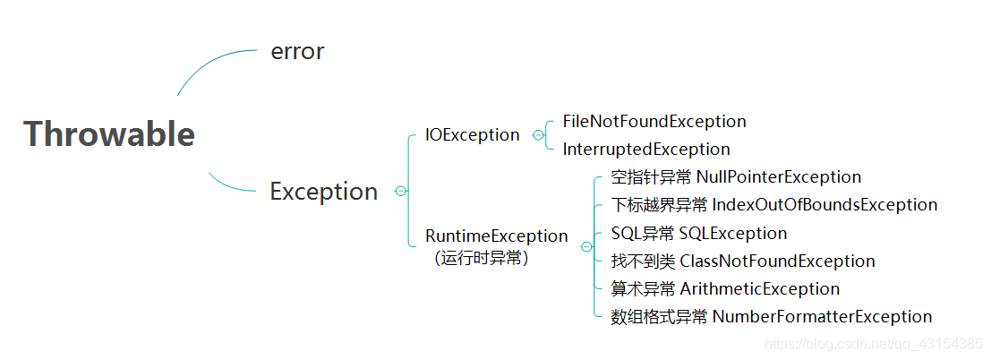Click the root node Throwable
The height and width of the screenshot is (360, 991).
click(x=109, y=134)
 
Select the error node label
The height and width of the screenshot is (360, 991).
click(x=297, y=52)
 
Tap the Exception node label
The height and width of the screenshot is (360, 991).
click(x=323, y=192)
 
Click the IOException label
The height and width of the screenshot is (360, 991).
click(x=472, y=135)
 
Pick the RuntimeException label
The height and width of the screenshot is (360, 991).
click(x=496, y=236)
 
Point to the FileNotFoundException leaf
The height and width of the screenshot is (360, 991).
click(x=654, y=121)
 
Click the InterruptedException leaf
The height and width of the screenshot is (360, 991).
click(x=645, y=149)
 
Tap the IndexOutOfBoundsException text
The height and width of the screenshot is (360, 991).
click(x=824, y=205)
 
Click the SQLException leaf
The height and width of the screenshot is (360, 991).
click(x=732, y=234)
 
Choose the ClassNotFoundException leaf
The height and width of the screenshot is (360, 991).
click(x=777, y=261)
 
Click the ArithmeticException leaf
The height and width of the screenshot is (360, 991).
click(x=759, y=289)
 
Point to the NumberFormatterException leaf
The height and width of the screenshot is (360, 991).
click(x=822, y=317)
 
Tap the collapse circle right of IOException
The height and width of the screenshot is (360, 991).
click(x=537, y=135)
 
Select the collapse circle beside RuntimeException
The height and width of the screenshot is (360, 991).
click(x=585, y=246)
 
